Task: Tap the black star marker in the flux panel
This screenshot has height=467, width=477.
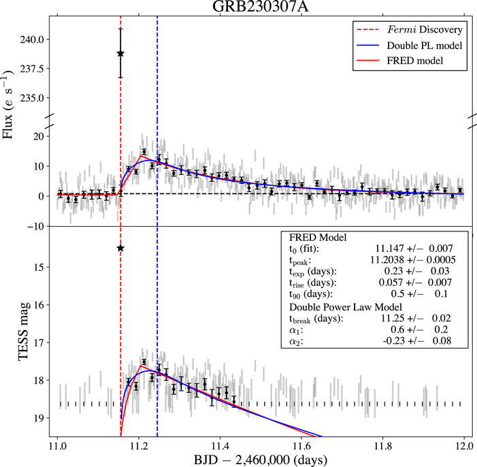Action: pos(120,53)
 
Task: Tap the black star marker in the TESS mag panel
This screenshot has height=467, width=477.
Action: pos(120,248)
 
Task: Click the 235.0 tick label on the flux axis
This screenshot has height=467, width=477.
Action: pos(33,97)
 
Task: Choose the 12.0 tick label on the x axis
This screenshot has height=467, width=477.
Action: pos(464,445)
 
